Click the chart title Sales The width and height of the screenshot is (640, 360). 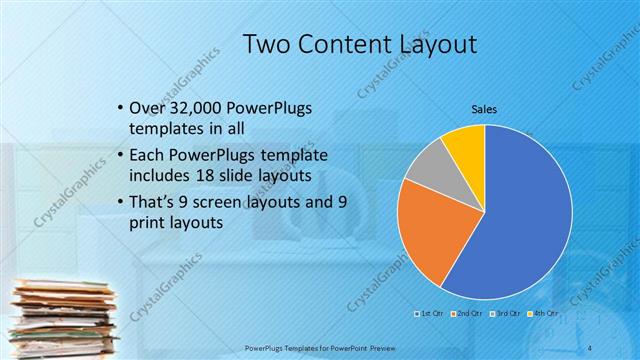coord(484,109)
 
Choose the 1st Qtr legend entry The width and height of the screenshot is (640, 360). coord(431,313)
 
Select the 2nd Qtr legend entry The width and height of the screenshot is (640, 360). coord(468,313)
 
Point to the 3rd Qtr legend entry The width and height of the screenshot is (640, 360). coord(506,313)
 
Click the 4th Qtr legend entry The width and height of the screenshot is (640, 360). coord(544,313)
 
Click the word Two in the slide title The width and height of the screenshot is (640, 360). coord(269,43)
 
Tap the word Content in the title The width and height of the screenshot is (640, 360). coord(346,43)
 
